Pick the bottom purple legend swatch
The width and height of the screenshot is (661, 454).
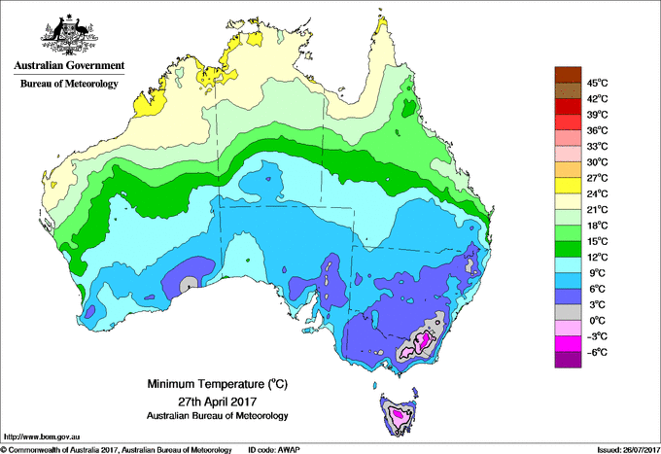pyautogui.click(x=566, y=360)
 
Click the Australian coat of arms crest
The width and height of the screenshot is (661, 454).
pyautogui.click(x=68, y=34)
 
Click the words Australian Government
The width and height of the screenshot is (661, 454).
pyautogui.click(x=68, y=66)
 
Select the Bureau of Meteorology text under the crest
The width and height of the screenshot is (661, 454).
pyautogui.click(x=68, y=85)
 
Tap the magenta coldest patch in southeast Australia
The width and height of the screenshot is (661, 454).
pyautogui.click(x=422, y=341)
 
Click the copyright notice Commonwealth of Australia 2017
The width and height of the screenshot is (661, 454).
pyautogui.click(x=117, y=449)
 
